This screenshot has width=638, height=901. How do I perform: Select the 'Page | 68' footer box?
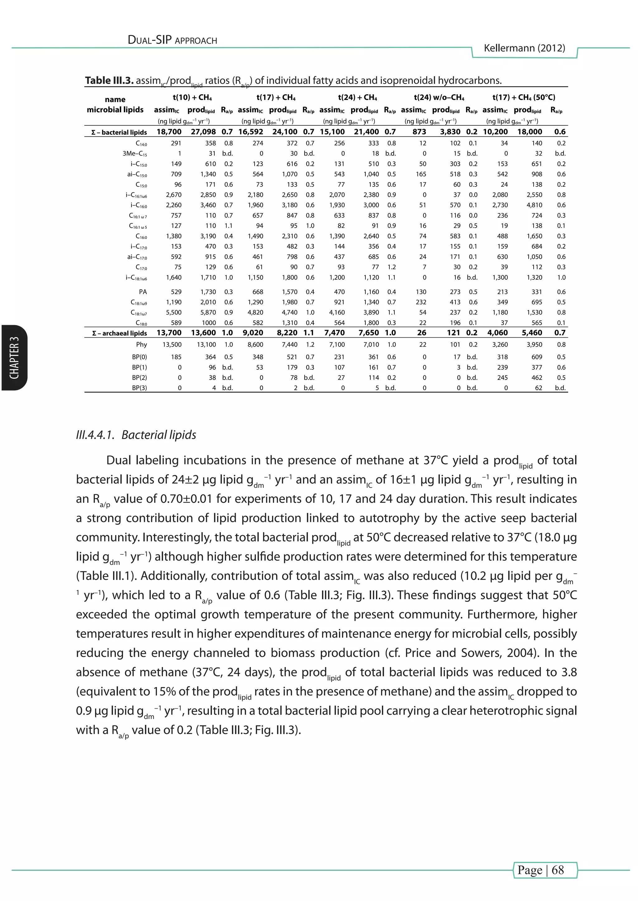545,870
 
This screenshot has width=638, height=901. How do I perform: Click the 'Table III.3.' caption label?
109,81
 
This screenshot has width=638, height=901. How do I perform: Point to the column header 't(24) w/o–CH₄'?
439,97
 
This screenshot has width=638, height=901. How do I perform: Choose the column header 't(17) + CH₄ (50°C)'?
523,97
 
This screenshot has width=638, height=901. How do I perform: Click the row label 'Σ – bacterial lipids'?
119,132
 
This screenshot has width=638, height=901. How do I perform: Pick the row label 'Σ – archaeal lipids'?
119,333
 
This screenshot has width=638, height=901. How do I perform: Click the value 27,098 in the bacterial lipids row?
203,132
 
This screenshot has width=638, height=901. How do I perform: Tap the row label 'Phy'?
141,344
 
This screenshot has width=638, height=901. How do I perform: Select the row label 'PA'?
143,292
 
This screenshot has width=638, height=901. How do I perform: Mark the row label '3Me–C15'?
135,154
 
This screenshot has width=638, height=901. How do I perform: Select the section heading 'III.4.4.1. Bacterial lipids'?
136,435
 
